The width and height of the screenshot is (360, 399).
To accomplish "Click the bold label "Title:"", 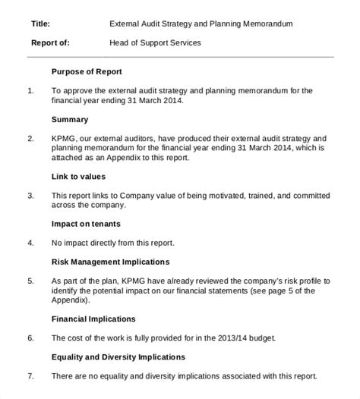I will tap(41, 24).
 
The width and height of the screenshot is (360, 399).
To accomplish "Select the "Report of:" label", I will tap(51, 43).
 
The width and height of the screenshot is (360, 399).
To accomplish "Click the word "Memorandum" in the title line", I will tap(263, 24).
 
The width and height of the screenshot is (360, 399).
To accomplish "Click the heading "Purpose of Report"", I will tap(87, 72).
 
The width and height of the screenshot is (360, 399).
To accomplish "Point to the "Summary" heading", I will tap(70, 119).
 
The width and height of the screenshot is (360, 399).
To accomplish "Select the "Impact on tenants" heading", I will tap(86, 224).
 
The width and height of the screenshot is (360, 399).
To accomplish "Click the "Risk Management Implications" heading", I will tap(110, 262).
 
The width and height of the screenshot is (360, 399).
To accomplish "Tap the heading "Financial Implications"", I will tap(93, 319).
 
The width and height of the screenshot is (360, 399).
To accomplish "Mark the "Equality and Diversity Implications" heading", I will tap(118, 357).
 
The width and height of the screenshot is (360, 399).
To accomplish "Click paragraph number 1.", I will tap(30, 91).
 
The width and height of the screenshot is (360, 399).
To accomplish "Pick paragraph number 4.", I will tap(30, 243).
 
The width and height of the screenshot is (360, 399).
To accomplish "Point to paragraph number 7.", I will tap(30, 375).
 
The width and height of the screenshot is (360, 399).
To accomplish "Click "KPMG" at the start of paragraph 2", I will tap(65, 139).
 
